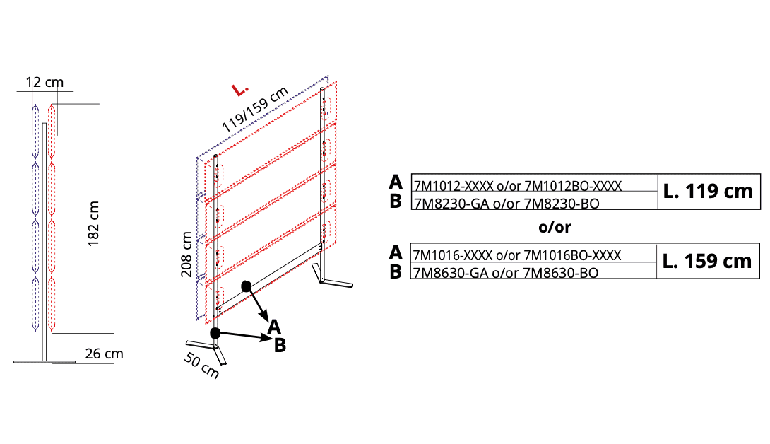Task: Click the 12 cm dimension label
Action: (45, 82)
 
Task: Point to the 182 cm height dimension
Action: (93, 223)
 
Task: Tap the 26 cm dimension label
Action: (104, 354)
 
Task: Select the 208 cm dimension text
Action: (186, 255)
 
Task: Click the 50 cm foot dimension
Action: (201, 366)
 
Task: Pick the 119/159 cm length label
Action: (254, 110)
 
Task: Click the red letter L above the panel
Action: (240, 90)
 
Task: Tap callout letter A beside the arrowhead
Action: (274, 327)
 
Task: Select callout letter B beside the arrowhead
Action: (280, 345)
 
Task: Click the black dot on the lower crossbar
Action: (247, 286)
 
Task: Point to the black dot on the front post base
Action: (215, 333)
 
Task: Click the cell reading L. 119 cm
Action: (708, 192)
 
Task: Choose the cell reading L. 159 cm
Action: (707, 261)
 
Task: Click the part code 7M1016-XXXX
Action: (453, 255)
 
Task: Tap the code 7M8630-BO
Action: (561, 273)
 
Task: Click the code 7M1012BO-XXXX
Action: (573, 186)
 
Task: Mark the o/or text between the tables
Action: (555, 227)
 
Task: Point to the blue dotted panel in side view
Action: (35, 217)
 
